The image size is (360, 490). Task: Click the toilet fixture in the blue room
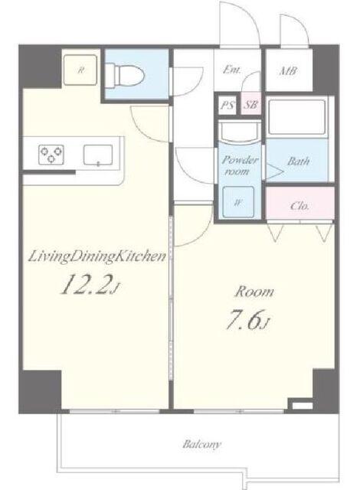click(x=125, y=75)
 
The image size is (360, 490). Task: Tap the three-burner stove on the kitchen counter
click(x=51, y=155)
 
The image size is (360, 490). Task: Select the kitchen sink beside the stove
click(x=98, y=155)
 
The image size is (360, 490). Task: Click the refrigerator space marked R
click(x=80, y=70)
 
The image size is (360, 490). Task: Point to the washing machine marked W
click(x=238, y=202)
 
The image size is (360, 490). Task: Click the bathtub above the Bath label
click(x=296, y=117)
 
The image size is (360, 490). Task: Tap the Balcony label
click(x=202, y=444)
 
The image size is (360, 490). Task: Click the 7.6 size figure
click(x=247, y=320)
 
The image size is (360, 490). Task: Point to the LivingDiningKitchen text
click(x=97, y=257)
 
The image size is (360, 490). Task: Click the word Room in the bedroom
click(x=254, y=292)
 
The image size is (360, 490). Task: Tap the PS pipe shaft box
click(x=227, y=105)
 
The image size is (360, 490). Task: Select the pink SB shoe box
click(x=251, y=104)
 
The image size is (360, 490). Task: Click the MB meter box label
click(x=288, y=71)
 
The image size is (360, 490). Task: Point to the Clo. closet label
click(x=299, y=206)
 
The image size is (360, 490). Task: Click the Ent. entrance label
click(x=231, y=70)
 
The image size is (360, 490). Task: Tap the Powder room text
click(x=240, y=165)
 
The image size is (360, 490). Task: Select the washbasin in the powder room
click(x=240, y=132)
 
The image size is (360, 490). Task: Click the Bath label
click(x=299, y=161)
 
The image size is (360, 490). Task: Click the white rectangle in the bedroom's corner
click(x=302, y=406)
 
